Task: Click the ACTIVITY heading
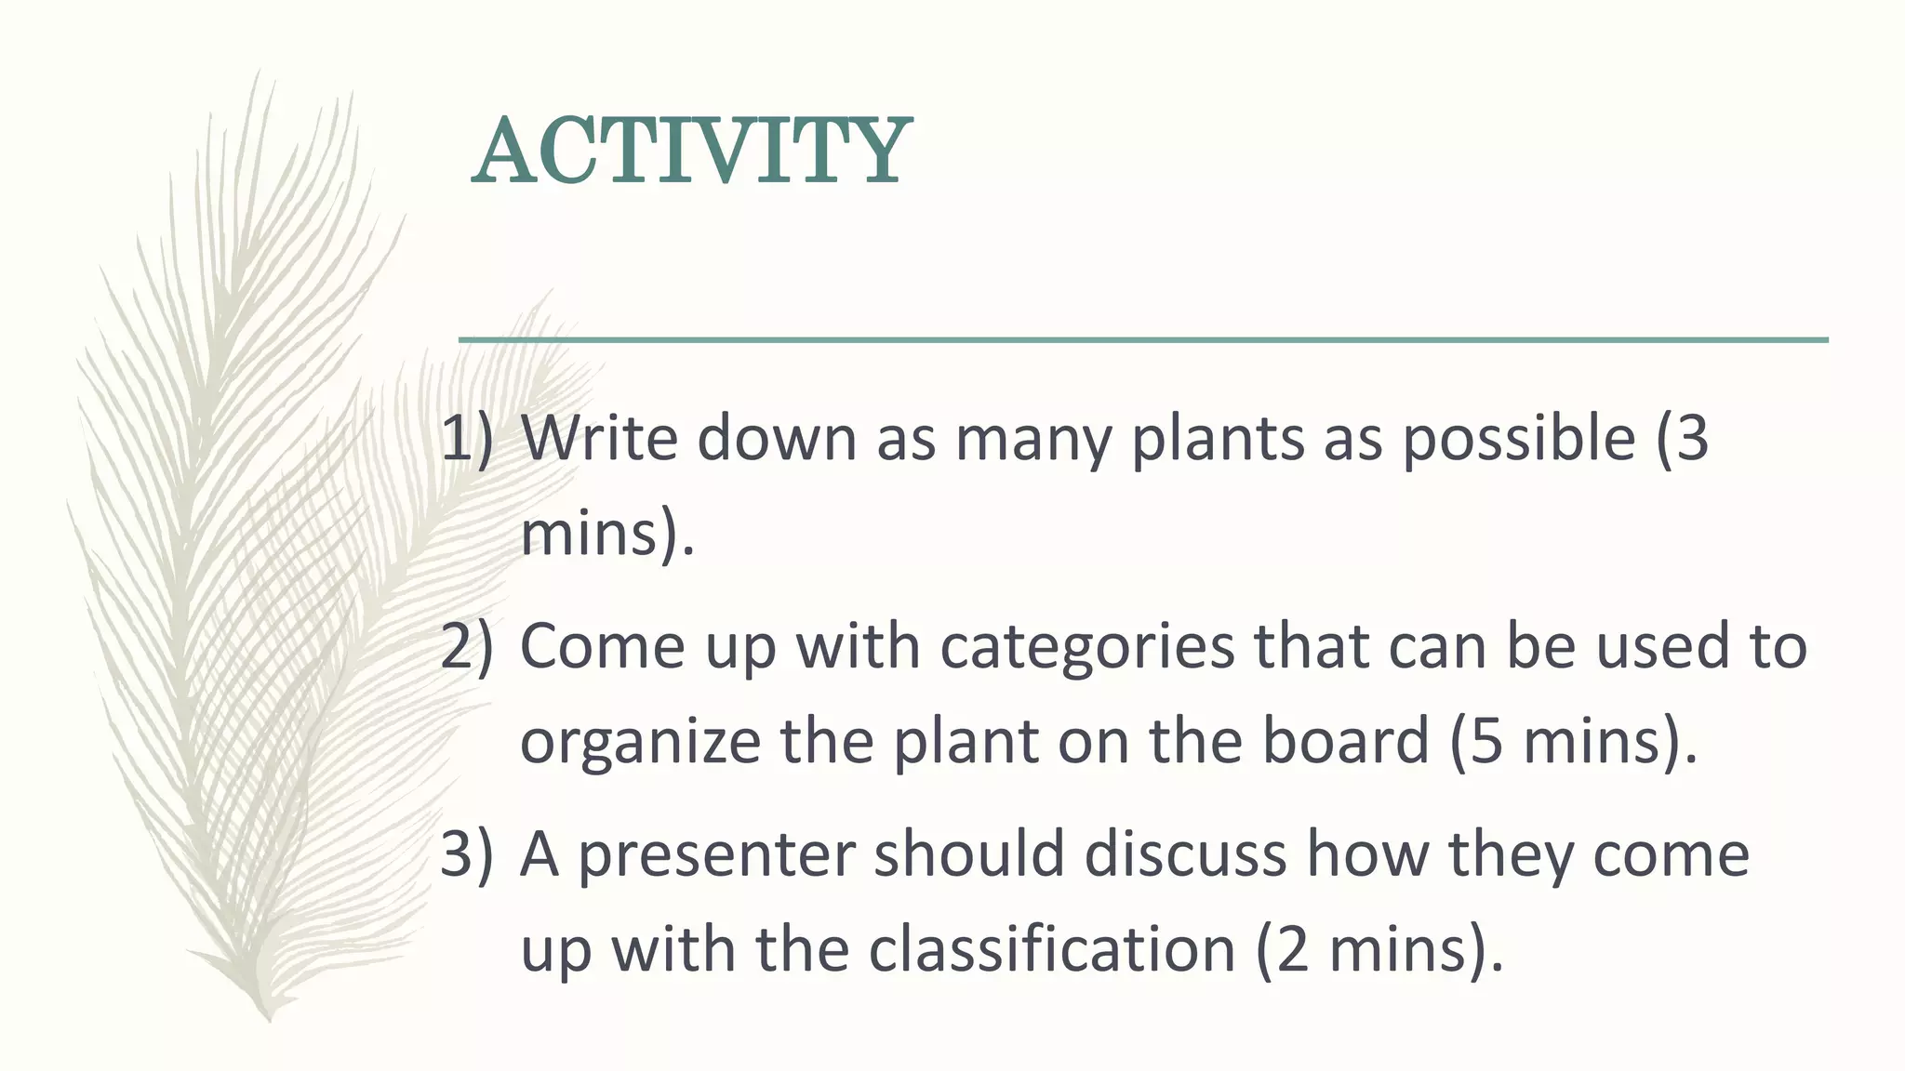[x=691, y=151]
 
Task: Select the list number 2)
[x=466, y=645]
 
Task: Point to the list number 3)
[x=466, y=853]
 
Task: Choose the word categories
[x=1086, y=645]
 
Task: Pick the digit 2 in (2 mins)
[x=1292, y=949]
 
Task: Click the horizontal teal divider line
[x=1143, y=340]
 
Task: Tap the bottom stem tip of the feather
[x=268, y=1019]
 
